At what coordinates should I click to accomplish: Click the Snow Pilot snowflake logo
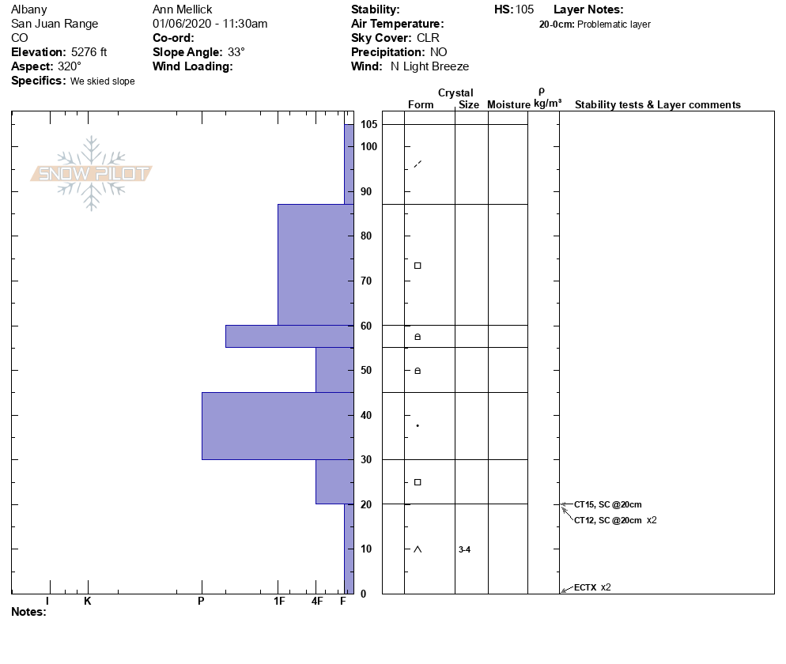pos(91,173)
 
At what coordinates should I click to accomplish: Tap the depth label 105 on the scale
pos(368,124)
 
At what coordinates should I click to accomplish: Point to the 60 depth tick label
pos(366,326)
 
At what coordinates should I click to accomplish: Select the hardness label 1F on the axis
pos(279,601)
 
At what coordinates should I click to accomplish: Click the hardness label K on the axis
pos(87,601)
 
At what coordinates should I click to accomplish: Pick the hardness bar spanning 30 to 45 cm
pos(278,426)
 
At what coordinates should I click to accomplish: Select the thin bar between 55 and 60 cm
pos(289,336)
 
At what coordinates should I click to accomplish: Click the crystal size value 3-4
pos(464,549)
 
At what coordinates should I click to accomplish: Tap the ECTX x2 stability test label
pos(592,587)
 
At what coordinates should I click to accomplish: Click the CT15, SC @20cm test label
pos(607,504)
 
